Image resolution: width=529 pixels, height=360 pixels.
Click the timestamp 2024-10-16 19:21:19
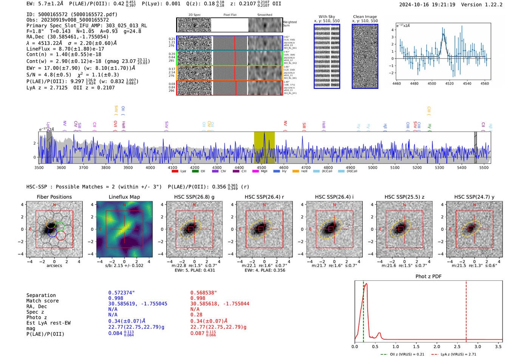[427, 5]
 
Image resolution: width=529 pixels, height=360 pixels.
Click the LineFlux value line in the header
[65, 49]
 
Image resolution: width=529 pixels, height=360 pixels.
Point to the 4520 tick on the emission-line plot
[450, 83]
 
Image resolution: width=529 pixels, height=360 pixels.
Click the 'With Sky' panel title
[327, 17]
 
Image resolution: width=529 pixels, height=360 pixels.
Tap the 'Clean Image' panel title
[365, 17]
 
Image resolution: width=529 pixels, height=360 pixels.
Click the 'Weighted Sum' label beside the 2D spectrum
[290, 24]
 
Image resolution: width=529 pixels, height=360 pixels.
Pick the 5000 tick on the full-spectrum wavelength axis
[373, 168]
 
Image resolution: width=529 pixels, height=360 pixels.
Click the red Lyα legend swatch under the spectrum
[175, 172]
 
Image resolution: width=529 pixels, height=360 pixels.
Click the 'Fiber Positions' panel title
[54, 197]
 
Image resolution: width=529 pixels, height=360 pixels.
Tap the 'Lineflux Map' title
[124, 197]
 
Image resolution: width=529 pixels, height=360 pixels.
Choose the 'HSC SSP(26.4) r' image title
[264, 197]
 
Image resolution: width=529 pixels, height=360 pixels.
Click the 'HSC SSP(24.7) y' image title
[474, 197]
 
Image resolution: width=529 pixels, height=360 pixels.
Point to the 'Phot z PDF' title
[428, 277]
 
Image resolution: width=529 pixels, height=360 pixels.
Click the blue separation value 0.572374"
[122, 293]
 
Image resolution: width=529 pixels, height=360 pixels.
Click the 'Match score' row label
[43, 301]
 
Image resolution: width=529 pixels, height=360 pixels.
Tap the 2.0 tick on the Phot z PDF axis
[437, 346]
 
